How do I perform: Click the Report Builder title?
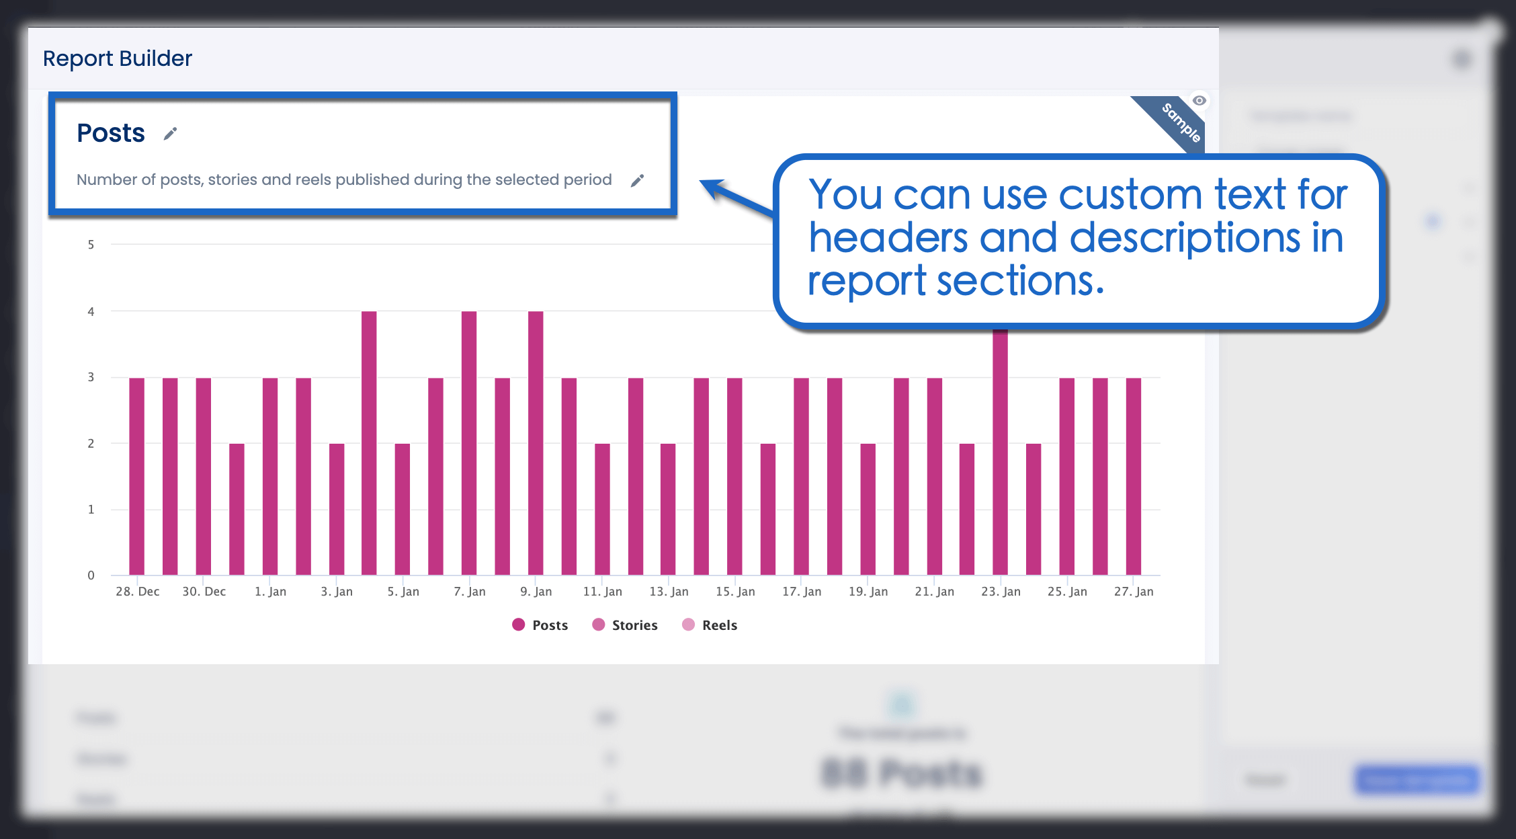(118, 58)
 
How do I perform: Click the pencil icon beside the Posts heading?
(171, 134)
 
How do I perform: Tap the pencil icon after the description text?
(637, 180)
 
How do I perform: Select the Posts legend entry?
(540, 625)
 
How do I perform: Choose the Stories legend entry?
(625, 625)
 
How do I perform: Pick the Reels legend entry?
(710, 625)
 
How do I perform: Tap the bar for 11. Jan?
(602, 509)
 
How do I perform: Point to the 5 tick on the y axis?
(91, 245)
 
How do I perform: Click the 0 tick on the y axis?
(91, 575)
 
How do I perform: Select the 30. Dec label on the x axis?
(204, 592)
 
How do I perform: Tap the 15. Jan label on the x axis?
(735, 592)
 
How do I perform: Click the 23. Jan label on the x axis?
(1001, 592)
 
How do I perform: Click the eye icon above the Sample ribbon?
(1199, 101)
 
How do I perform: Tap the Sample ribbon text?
(1181, 122)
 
